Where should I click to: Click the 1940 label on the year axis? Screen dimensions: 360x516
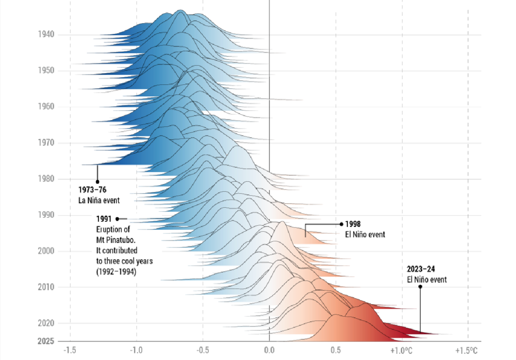(x=46, y=35)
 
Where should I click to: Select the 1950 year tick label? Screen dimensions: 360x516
(x=46, y=71)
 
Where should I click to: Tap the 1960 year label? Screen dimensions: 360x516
(x=46, y=107)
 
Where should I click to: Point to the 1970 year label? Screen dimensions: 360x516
(x=46, y=143)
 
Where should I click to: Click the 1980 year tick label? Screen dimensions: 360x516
(x=46, y=179)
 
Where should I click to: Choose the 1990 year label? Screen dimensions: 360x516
(x=46, y=215)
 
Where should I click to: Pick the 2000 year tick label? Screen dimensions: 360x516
(x=46, y=251)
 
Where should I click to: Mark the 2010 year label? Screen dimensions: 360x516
(x=46, y=287)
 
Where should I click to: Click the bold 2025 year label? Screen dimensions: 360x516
(x=46, y=341)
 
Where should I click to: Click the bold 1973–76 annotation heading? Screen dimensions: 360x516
(x=92, y=191)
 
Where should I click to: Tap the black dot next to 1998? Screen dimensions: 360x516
(x=341, y=224)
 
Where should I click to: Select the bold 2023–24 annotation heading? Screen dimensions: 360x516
(x=422, y=269)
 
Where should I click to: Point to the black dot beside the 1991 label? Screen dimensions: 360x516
(x=117, y=219)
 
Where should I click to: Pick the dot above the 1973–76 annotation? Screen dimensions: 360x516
(x=97, y=182)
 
